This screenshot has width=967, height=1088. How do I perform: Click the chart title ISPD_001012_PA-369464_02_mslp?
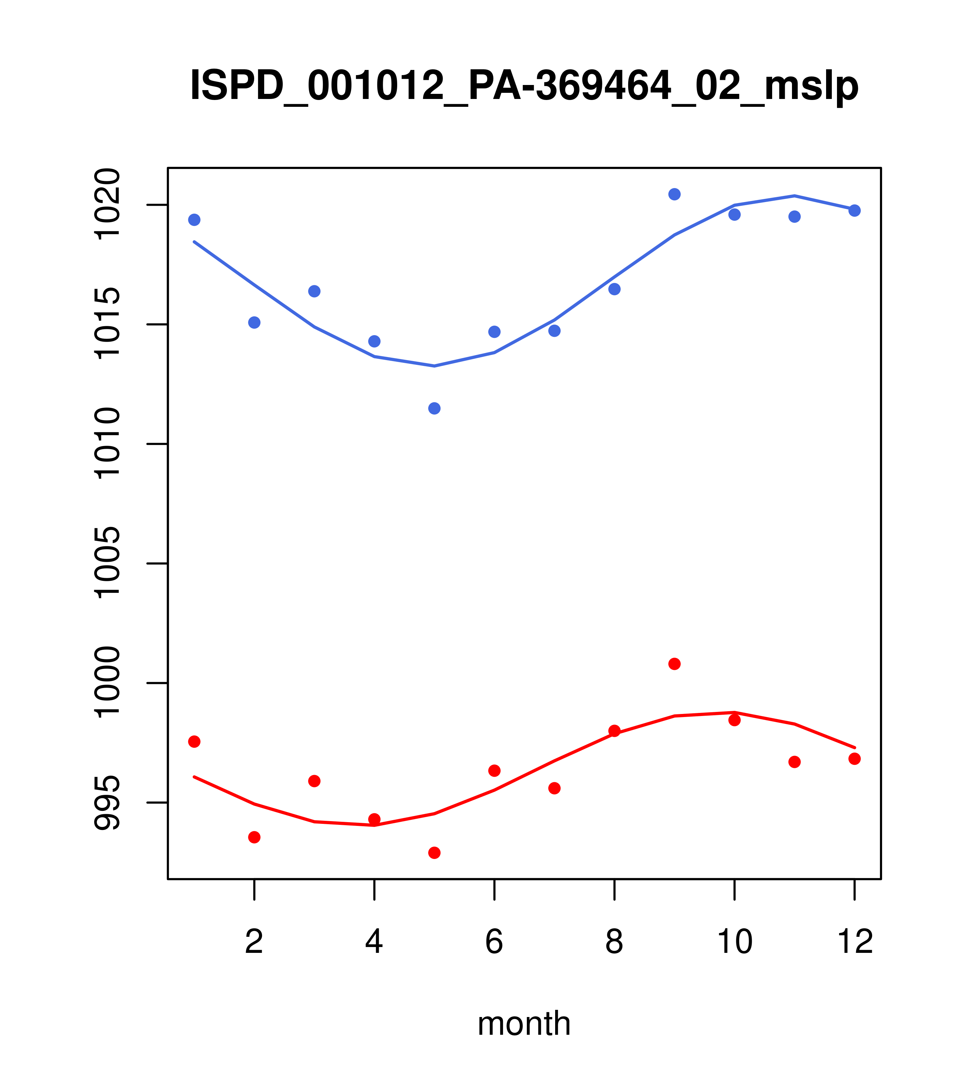click(x=524, y=86)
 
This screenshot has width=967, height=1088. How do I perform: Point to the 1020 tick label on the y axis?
click(x=106, y=205)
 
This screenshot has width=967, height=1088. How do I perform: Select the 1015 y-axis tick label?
click(x=106, y=324)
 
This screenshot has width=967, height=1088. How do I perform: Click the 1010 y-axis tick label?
click(x=106, y=444)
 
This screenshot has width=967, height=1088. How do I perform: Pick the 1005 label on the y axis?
click(x=106, y=563)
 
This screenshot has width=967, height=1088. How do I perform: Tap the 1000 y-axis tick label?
click(x=106, y=683)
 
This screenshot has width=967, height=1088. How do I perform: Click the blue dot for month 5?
click(x=434, y=408)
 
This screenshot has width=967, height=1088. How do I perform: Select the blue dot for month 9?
click(x=674, y=194)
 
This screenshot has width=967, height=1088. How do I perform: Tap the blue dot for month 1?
click(x=194, y=220)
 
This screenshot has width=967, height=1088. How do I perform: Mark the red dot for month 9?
click(x=674, y=664)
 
